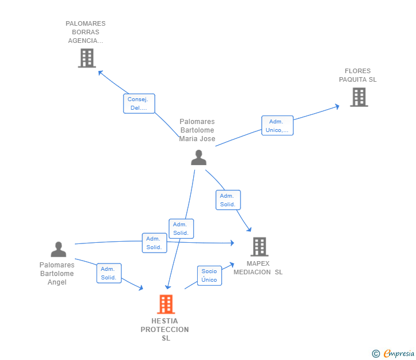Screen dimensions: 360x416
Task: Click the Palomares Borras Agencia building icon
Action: (x=86, y=58)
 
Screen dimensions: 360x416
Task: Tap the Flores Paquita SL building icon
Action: (x=358, y=97)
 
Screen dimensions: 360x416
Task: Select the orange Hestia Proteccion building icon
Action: (x=166, y=304)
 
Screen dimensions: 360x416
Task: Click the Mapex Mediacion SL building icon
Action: (x=259, y=247)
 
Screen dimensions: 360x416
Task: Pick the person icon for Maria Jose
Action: (x=198, y=157)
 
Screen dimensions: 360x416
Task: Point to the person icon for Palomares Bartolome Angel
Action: (x=58, y=249)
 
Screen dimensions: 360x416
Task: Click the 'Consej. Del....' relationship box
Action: (x=139, y=103)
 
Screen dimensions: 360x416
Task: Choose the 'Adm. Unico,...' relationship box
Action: (x=277, y=126)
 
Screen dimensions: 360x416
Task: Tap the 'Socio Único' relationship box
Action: (x=209, y=275)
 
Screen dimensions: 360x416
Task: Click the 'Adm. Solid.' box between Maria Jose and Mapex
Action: (x=228, y=200)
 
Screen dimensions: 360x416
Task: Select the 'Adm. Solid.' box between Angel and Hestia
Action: (x=109, y=273)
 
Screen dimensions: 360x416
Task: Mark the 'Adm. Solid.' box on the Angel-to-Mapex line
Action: (x=154, y=243)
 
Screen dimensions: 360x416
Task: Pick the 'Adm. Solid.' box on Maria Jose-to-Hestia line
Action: (x=181, y=229)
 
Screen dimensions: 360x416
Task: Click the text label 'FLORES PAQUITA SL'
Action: (x=358, y=75)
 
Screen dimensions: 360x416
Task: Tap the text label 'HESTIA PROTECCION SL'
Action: (x=165, y=330)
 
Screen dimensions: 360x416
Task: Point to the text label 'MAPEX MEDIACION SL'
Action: (x=258, y=268)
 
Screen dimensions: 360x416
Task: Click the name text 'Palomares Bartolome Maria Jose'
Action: (x=197, y=130)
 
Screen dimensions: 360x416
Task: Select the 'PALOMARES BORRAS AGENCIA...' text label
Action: (x=86, y=32)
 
